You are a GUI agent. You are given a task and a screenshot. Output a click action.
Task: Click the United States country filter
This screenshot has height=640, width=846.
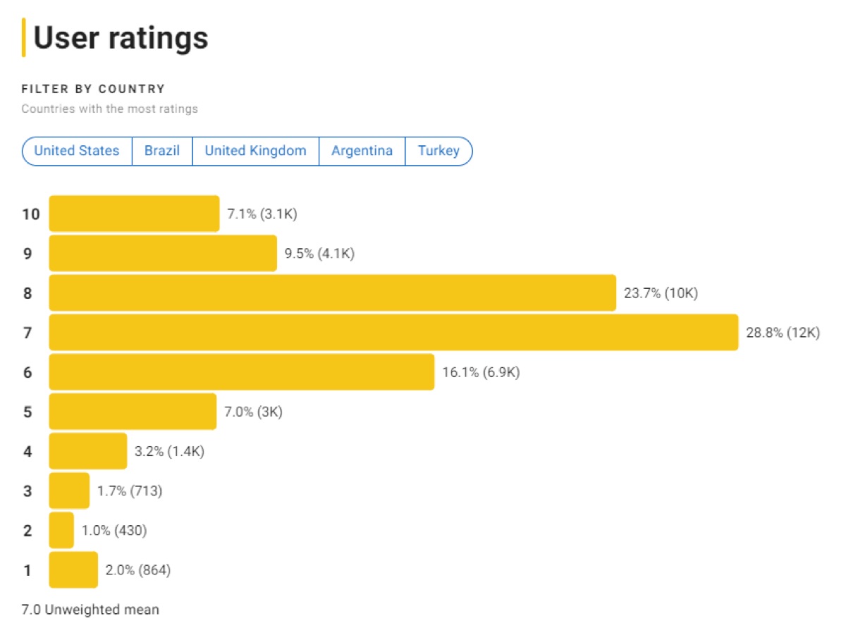tap(77, 151)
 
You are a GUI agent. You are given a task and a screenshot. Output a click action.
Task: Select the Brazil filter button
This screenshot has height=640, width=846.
tap(162, 151)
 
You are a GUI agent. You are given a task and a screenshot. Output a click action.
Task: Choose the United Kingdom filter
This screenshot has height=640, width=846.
tap(255, 151)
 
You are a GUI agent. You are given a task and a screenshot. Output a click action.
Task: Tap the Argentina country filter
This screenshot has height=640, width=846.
tap(362, 151)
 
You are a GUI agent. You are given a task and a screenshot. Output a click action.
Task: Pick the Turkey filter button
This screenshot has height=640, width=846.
tap(439, 151)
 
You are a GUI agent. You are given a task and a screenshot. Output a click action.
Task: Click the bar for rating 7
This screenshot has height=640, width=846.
tap(393, 333)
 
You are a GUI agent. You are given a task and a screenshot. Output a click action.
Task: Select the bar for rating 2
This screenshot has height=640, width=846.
tap(61, 530)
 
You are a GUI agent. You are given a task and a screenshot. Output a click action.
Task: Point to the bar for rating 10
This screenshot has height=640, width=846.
tap(134, 214)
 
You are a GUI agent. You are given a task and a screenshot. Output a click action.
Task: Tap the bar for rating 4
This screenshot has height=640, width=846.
tap(88, 451)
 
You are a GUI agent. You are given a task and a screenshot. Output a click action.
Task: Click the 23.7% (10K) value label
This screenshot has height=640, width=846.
tap(661, 293)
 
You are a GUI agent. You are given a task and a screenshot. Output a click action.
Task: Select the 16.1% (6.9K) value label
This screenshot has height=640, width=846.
tap(481, 372)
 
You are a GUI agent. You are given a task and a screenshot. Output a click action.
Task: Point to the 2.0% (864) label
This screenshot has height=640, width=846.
tap(137, 570)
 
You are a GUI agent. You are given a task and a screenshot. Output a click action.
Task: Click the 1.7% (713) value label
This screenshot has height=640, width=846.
tap(130, 491)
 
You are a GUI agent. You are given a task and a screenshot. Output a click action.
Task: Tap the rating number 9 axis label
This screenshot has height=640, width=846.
tap(27, 254)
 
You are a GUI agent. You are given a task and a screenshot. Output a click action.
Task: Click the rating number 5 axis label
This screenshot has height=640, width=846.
tap(27, 412)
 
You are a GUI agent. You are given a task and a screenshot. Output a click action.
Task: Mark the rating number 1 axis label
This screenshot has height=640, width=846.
tap(27, 570)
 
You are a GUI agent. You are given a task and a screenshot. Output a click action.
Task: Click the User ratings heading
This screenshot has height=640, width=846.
tap(121, 37)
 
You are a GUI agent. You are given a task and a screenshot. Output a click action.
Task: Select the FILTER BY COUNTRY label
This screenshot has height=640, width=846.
tap(93, 89)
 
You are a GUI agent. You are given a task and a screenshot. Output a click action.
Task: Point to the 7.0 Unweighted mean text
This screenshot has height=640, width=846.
tap(90, 610)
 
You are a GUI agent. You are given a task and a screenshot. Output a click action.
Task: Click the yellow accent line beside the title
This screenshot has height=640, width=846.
tap(24, 37)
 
